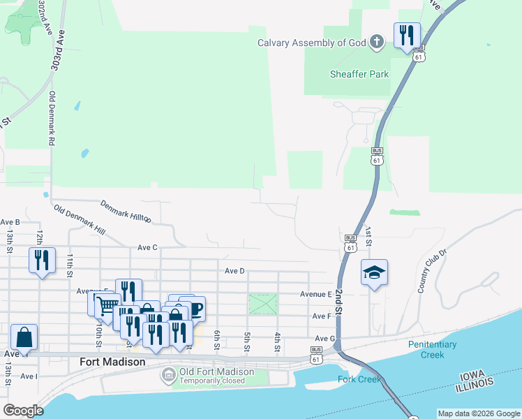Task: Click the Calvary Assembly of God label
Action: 312,43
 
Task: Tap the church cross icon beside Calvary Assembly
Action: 376,42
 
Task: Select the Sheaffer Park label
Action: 359,74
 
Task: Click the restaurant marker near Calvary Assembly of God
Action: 407,35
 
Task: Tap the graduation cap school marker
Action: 374,273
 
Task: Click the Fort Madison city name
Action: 112,362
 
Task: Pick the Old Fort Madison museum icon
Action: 168,376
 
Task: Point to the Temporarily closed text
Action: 212,381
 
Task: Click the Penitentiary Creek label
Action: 432,349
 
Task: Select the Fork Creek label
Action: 359,379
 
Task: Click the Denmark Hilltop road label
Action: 126,211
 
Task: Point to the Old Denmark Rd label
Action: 51,117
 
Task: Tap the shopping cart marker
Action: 105,304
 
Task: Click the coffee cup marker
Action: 194,308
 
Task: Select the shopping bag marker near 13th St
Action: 24,337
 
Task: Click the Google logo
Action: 22,411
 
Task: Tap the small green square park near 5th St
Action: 262,304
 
